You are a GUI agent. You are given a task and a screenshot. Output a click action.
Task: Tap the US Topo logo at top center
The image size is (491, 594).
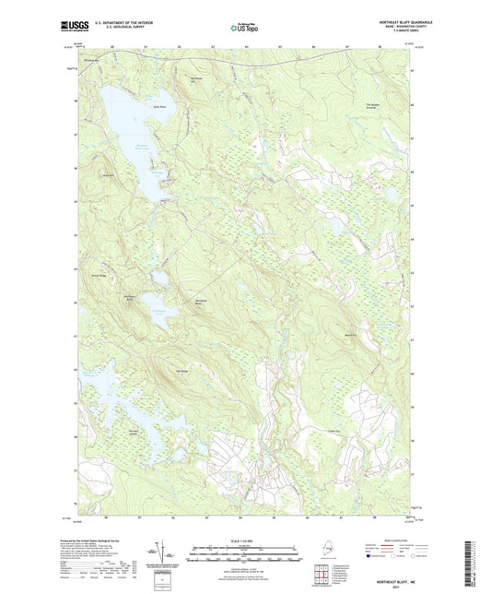[244, 27]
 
